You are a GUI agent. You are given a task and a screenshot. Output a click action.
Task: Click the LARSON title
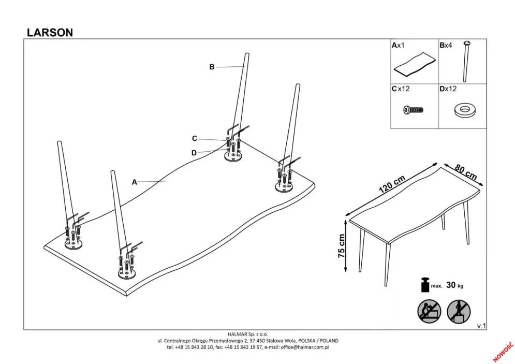pos(50,32)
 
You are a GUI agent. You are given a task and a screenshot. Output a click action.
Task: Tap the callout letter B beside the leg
pos(212,67)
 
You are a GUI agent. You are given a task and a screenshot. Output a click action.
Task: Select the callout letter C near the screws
pos(195,138)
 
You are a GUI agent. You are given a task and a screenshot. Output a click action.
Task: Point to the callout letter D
pos(194,152)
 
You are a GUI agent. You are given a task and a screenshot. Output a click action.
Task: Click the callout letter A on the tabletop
pos(134,182)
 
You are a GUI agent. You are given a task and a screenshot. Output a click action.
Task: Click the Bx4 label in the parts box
pos(446,46)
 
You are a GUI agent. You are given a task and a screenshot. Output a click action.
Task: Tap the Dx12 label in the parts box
pos(448,89)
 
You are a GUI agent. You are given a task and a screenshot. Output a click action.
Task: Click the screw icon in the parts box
pos(413,110)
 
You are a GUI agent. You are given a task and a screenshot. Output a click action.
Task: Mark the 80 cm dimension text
pos(465,171)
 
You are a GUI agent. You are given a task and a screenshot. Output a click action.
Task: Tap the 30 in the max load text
pos(450,285)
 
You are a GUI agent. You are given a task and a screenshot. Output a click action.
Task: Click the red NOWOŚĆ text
pos(501,351)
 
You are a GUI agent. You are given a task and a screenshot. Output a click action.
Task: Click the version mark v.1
pos(481,326)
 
